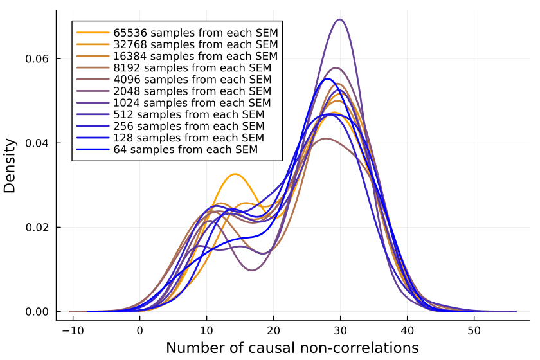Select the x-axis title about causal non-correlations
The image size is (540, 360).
[x=292, y=348]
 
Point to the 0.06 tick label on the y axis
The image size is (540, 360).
[x=37, y=59]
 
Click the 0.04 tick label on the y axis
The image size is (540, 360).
[x=37, y=143]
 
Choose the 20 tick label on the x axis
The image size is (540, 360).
[x=274, y=326]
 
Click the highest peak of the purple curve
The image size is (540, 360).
[x=340, y=19]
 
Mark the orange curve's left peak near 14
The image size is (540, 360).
[x=235, y=174]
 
